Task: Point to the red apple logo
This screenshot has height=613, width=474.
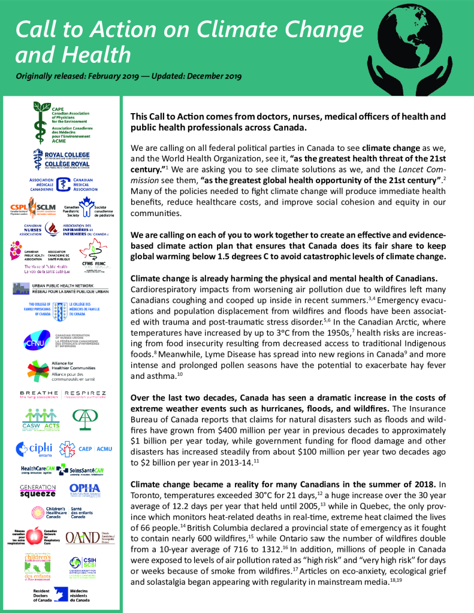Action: coord(35,535)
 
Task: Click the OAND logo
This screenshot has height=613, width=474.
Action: coord(84,535)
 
